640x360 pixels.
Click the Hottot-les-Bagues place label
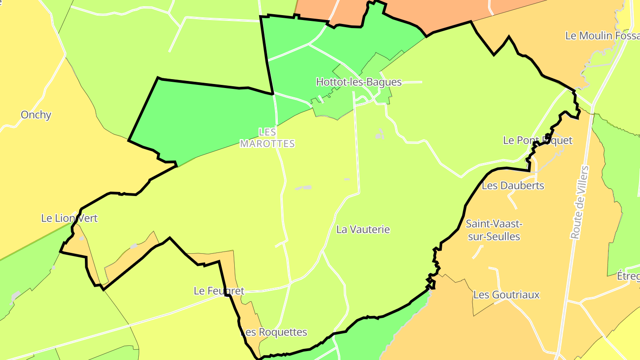click(359, 82)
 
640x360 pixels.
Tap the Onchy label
click(36, 115)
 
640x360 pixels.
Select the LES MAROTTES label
click(267, 138)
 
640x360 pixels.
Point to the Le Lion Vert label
click(69, 218)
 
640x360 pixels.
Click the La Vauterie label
click(363, 229)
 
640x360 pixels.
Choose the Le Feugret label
click(219, 291)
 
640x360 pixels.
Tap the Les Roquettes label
click(274, 332)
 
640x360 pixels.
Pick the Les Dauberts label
click(512, 185)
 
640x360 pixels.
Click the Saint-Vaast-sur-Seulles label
click(493, 230)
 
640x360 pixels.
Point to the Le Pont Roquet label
click(537, 140)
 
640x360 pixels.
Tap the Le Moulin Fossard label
click(602, 36)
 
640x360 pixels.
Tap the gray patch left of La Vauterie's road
click(303, 188)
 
